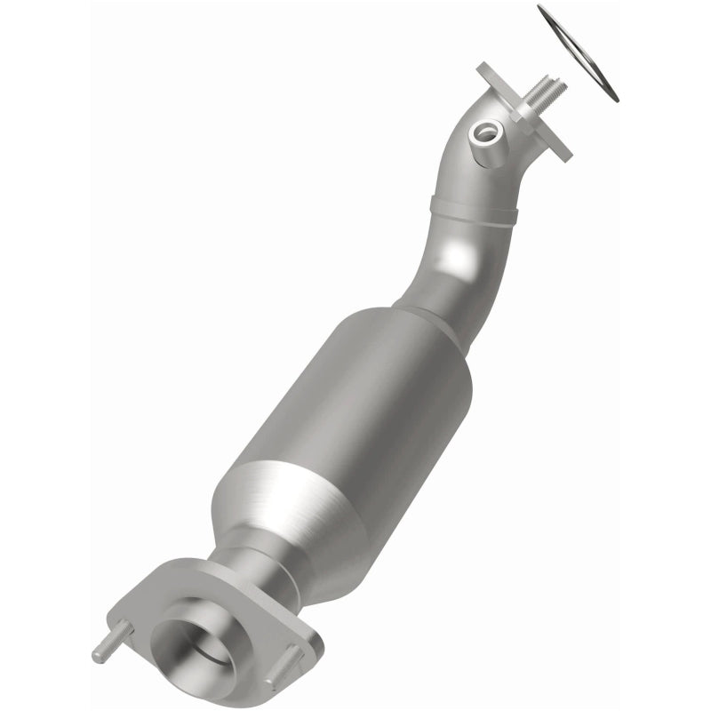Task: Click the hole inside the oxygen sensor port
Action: click(x=485, y=133)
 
